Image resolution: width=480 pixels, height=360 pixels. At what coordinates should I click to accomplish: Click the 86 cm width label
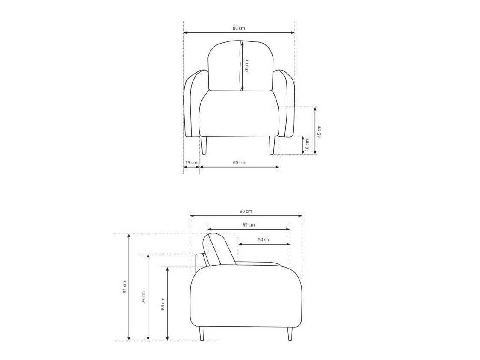click(239, 28)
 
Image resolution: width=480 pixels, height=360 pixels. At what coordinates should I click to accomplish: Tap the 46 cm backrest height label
click(247, 66)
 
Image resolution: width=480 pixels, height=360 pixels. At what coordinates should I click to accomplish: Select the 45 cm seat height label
click(319, 132)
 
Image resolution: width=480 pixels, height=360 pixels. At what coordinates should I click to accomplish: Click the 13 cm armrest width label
click(191, 162)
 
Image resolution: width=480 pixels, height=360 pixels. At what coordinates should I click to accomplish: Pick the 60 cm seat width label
click(239, 162)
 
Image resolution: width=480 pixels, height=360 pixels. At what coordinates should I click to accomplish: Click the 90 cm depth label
click(246, 211)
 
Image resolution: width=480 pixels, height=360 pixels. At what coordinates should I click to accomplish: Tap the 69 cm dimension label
click(249, 225)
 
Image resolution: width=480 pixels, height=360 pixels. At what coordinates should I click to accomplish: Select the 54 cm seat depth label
click(264, 239)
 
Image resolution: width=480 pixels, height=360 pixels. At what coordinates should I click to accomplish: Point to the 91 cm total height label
click(124, 287)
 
